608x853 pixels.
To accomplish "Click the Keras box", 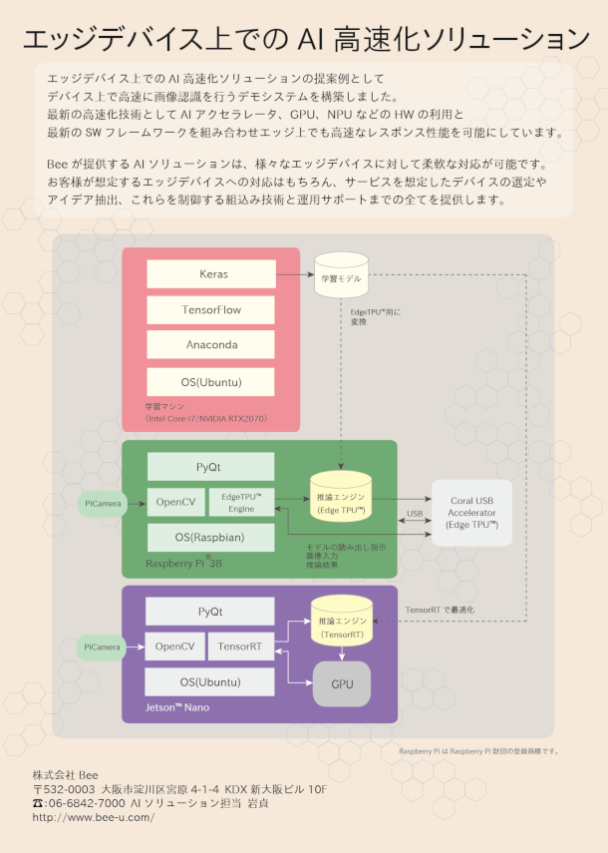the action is pyautogui.click(x=211, y=273).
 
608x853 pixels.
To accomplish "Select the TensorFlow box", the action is pyautogui.click(x=211, y=309).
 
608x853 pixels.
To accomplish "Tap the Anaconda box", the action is pyautogui.click(x=211, y=344).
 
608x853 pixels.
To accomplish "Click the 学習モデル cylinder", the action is pyautogui.click(x=341, y=274).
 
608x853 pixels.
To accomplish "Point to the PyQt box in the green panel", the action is pyautogui.click(x=211, y=467).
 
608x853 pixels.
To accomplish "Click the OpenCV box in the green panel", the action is pyautogui.click(x=176, y=502).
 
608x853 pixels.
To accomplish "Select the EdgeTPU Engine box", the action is pyautogui.click(x=242, y=502).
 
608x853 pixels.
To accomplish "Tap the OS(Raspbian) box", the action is pyautogui.click(x=211, y=538).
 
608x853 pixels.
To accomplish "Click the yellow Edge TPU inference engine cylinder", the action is pyautogui.click(x=341, y=497).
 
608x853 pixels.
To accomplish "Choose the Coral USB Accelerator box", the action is pyautogui.click(x=471, y=513).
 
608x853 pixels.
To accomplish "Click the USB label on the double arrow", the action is pyautogui.click(x=415, y=513).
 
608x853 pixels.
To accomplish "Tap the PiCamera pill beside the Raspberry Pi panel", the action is pyautogui.click(x=103, y=504).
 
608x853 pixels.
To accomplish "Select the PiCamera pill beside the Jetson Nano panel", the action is pyautogui.click(x=102, y=647).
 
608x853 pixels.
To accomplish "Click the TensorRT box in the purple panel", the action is pyautogui.click(x=240, y=646).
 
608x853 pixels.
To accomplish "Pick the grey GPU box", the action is pyautogui.click(x=342, y=683).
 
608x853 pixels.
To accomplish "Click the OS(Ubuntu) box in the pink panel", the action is pyautogui.click(x=211, y=382).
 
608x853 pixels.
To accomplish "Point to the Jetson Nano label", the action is pyautogui.click(x=177, y=707).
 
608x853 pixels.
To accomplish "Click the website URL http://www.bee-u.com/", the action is pyautogui.click(x=94, y=817).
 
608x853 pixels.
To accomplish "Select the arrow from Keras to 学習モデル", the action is pyautogui.click(x=295, y=274).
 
